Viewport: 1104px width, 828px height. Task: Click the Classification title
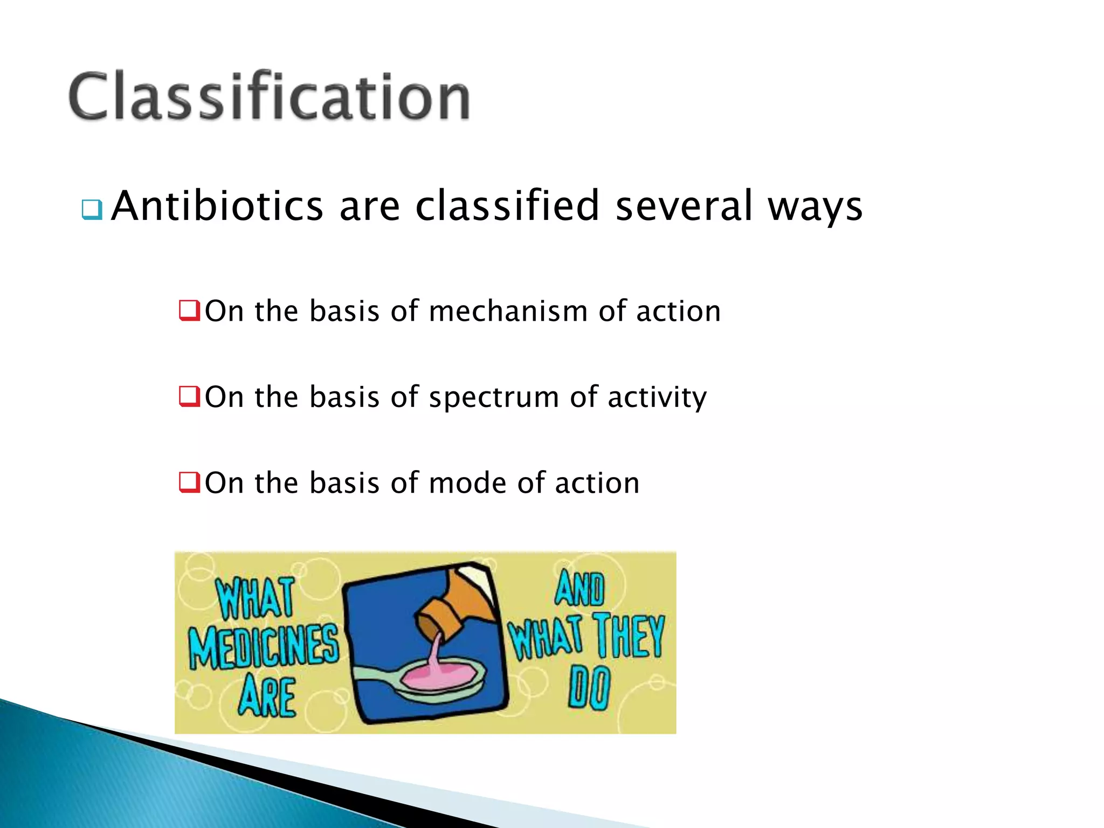[x=270, y=97]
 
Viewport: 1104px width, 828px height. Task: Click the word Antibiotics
[x=217, y=206]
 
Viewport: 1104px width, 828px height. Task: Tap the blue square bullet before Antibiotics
[x=92, y=210]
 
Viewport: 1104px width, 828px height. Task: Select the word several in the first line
[x=684, y=206]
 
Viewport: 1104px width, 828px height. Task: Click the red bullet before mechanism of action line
[x=189, y=310]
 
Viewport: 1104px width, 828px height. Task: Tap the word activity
[x=657, y=398]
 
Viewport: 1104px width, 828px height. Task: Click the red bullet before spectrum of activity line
[x=189, y=396]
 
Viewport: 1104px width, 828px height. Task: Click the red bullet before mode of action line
[x=189, y=482]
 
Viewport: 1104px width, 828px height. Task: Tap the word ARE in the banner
[x=268, y=696]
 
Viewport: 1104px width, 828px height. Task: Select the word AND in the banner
[x=579, y=589]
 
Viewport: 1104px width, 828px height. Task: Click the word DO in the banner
[x=589, y=687]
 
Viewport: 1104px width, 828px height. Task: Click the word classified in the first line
[x=507, y=206]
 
